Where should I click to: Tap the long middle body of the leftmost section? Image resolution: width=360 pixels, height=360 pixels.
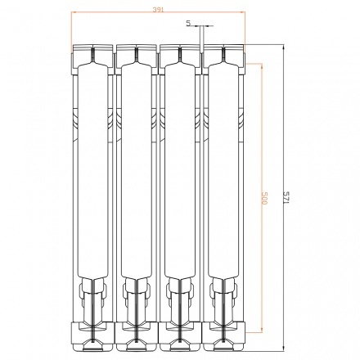coord(92,180)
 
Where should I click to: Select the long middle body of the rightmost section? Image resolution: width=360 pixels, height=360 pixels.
coord(223,180)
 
